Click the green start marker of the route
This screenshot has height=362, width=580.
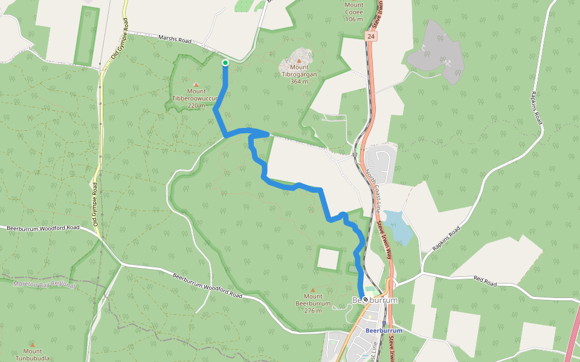[225, 63]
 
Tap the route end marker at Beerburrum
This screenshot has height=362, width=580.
[366, 299]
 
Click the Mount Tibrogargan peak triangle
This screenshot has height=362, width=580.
[298, 60]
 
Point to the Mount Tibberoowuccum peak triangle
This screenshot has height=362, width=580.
[196, 84]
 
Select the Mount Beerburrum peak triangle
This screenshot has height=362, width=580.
[313, 290]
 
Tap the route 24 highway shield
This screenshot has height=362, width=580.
[370, 37]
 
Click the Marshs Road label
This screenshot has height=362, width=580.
[175, 40]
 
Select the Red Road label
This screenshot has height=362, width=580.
[485, 281]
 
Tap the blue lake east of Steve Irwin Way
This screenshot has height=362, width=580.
[398, 226]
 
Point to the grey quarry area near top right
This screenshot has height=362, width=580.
[436, 51]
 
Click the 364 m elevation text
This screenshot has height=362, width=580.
[298, 81]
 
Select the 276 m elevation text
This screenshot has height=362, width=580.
[313, 311]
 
